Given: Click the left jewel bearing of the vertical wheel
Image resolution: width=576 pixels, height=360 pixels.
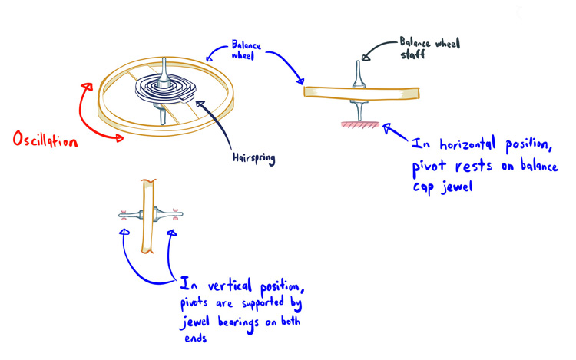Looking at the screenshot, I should coord(122,213).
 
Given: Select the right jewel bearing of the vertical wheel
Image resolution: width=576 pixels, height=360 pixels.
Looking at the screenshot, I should coord(176,213).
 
